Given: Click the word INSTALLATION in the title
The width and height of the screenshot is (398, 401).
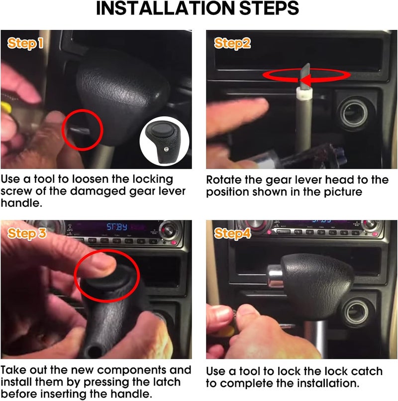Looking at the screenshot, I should coord(158,9).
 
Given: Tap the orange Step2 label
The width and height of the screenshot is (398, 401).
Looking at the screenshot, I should coord(232,44).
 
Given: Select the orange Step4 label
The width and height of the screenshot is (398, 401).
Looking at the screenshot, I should coord(232,234).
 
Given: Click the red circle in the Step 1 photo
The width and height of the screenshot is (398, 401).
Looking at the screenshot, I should coord(83,130).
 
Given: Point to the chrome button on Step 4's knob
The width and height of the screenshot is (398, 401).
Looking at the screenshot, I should coord(274,277).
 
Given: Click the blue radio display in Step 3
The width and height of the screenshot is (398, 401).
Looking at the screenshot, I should coord(117,227).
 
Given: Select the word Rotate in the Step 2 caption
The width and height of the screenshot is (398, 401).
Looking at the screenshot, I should coord(222,180).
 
